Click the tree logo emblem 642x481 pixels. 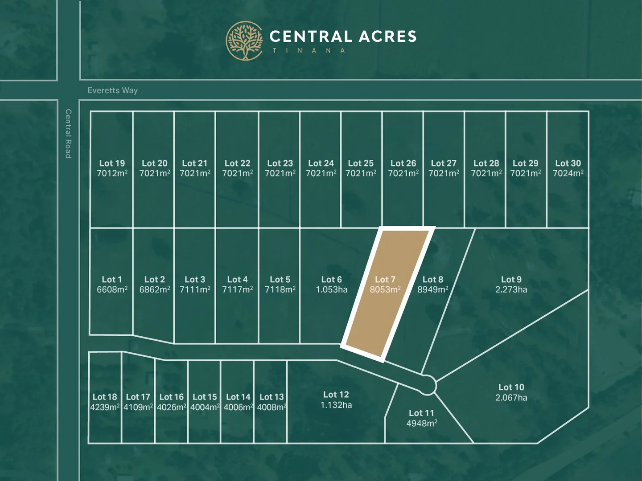tap(244, 41)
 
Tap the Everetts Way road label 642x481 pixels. tap(113, 90)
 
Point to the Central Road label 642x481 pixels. tap(68, 133)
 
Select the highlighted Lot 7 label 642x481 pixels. tap(385, 279)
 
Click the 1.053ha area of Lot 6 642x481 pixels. tap(332, 290)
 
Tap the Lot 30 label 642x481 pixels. tap(568, 163)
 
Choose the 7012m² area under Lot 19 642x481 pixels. tap(112, 173)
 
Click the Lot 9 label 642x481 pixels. tap(511, 279)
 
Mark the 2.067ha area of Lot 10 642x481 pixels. tap(511, 398)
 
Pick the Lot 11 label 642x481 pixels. tap(421, 413)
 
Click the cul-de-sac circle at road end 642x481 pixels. tap(427, 384)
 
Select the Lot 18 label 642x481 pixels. tap(105, 397)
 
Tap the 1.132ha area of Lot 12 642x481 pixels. tap(336, 405)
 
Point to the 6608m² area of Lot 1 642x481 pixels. tap(112, 290)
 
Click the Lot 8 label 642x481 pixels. tap(433, 279)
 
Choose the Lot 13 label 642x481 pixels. tap(272, 397)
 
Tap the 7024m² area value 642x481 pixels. tap(568, 173)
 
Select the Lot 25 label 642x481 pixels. tap(361, 163)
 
